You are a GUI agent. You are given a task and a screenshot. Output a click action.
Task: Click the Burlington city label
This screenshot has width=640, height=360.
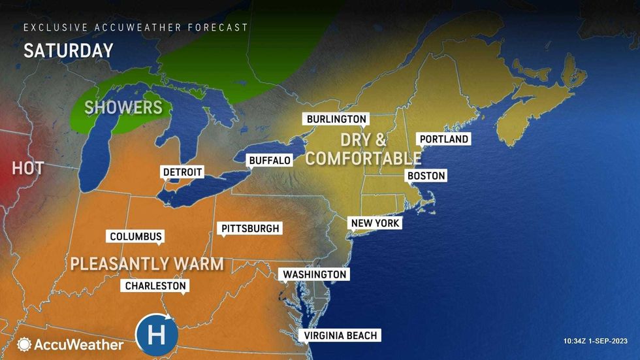(x=336, y=119)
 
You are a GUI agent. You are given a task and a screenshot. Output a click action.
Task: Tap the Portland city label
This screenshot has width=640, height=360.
(x=444, y=139)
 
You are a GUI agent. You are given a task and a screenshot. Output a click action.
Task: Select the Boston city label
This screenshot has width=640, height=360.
(x=426, y=176)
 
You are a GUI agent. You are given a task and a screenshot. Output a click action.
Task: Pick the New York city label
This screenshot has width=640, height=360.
(x=375, y=223)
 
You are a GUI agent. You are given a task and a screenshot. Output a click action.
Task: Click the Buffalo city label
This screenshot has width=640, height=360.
(x=269, y=160)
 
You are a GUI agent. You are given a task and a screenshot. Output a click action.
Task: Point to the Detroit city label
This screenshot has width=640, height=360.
(x=182, y=172)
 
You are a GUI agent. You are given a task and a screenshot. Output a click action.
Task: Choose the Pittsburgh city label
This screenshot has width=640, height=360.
(x=250, y=228)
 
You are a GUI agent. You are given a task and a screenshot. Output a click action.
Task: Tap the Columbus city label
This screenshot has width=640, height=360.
(x=135, y=237)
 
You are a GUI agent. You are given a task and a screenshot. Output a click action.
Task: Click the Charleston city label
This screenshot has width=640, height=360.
(x=155, y=286)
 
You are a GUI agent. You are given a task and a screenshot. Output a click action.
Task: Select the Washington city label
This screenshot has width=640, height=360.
(x=313, y=274)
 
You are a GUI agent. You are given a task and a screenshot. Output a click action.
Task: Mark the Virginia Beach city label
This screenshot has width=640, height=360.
(x=340, y=335)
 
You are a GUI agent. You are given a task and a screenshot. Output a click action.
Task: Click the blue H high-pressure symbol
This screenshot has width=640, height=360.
(x=156, y=335)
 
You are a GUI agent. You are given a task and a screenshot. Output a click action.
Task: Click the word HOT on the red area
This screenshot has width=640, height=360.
(x=27, y=168)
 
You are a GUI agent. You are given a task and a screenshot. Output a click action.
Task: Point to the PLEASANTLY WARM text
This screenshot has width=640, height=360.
(x=146, y=264)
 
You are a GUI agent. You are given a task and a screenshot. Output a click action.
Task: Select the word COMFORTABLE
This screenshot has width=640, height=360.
(x=364, y=158)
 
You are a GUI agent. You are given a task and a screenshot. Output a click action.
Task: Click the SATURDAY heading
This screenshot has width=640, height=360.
(x=68, y=51)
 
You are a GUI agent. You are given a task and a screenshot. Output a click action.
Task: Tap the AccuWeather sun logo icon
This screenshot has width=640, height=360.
(x=24, y=344)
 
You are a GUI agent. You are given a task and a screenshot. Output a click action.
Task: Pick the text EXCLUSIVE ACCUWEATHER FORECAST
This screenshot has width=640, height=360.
(x=136, y=27)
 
